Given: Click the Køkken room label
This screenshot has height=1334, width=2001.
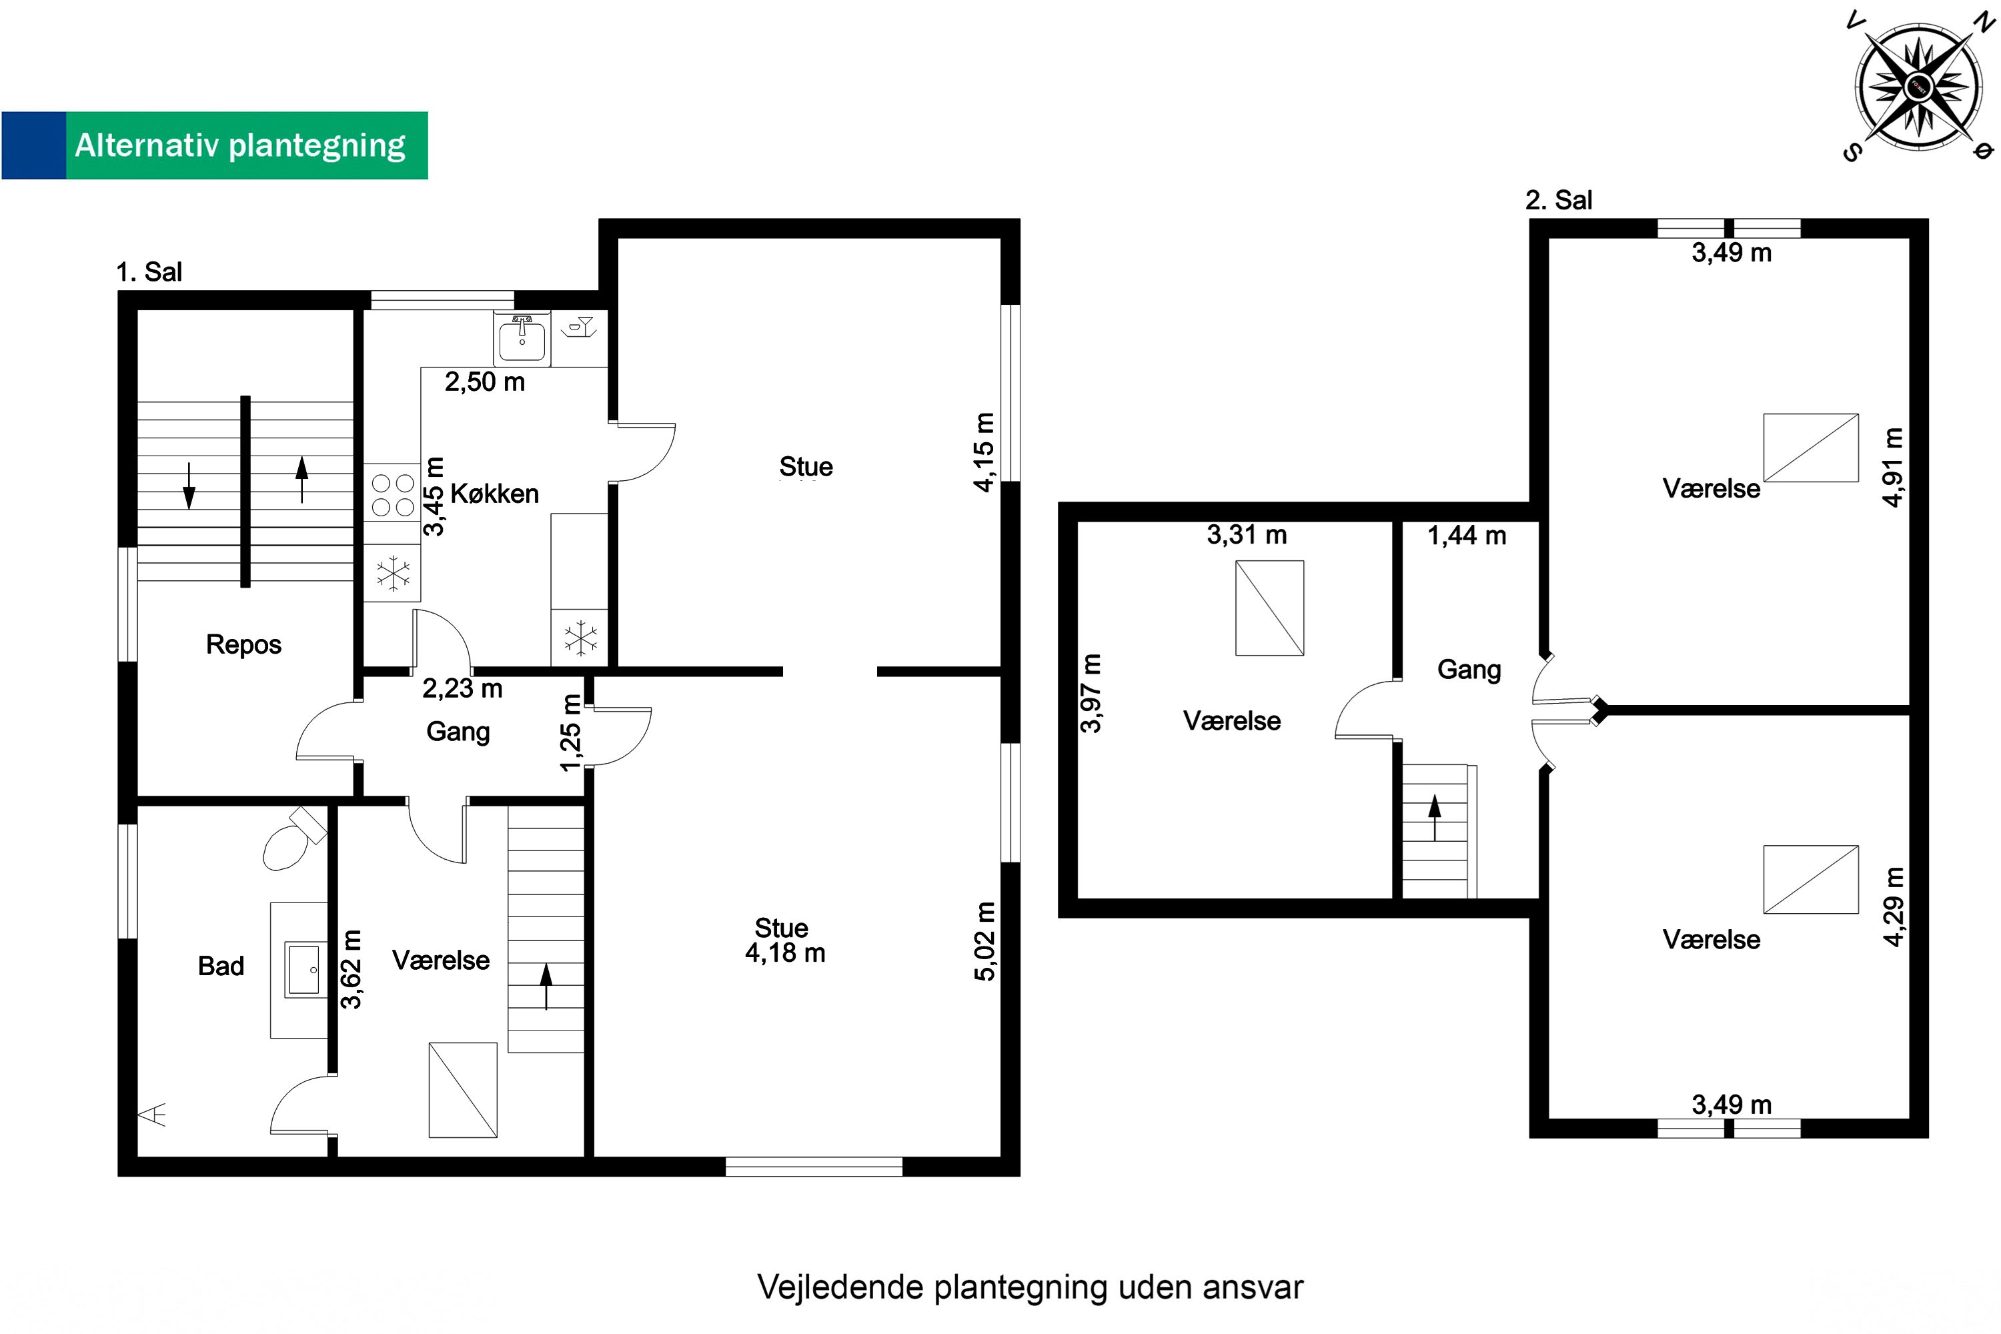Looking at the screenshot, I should click(x=494, y=494).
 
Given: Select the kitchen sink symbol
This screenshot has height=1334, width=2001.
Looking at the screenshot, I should click(x=522, y=338).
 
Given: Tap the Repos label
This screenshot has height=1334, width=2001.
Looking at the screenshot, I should click(x=243, y=645).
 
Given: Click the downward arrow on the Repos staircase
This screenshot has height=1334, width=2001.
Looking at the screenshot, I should click(x=189, y=486).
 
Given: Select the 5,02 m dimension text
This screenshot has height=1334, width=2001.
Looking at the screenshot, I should click(x=984, y=941).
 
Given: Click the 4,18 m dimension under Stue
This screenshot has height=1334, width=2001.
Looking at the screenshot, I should click(x=784, y=953).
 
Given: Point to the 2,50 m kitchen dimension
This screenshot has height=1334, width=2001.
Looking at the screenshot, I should click(x=484, y=382).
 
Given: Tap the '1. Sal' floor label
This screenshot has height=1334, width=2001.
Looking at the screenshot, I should click(x=149, y=272).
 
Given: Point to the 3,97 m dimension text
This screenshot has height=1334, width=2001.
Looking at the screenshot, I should click(x=1091, y=694).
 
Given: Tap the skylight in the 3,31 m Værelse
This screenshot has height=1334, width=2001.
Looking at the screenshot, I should click(x=1269, y=608).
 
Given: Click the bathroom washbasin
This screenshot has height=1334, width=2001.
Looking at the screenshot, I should click(x=303, y=968).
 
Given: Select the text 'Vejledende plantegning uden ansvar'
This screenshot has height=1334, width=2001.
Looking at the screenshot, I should click(x=1029, y=1287).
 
